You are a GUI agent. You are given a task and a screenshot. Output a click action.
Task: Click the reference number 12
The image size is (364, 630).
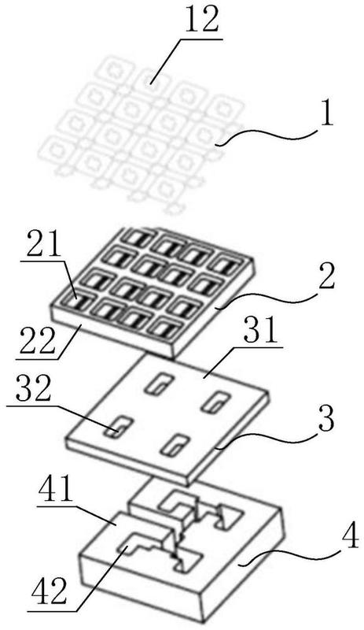[x=201, y=21]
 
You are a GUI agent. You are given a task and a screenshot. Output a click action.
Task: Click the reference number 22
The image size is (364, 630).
[x=35, y=342]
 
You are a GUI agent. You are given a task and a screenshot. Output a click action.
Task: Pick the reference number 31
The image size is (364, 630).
[x=263, y=330]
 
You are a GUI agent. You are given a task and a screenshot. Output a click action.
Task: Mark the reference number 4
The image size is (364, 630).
[x=349, y=535]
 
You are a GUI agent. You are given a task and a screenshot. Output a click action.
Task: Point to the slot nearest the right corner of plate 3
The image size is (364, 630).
[x=216, y=402]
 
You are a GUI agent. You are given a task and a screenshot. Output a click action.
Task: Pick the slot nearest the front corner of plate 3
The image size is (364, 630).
[x=175, y=446]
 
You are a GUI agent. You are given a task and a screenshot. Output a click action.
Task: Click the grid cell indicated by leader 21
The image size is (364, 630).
[x=75, y=304]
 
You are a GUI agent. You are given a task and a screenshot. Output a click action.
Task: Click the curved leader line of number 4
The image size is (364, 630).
[x=289, y=554]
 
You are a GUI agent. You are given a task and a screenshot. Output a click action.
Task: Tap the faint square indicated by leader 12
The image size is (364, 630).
[x=149, y=83]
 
